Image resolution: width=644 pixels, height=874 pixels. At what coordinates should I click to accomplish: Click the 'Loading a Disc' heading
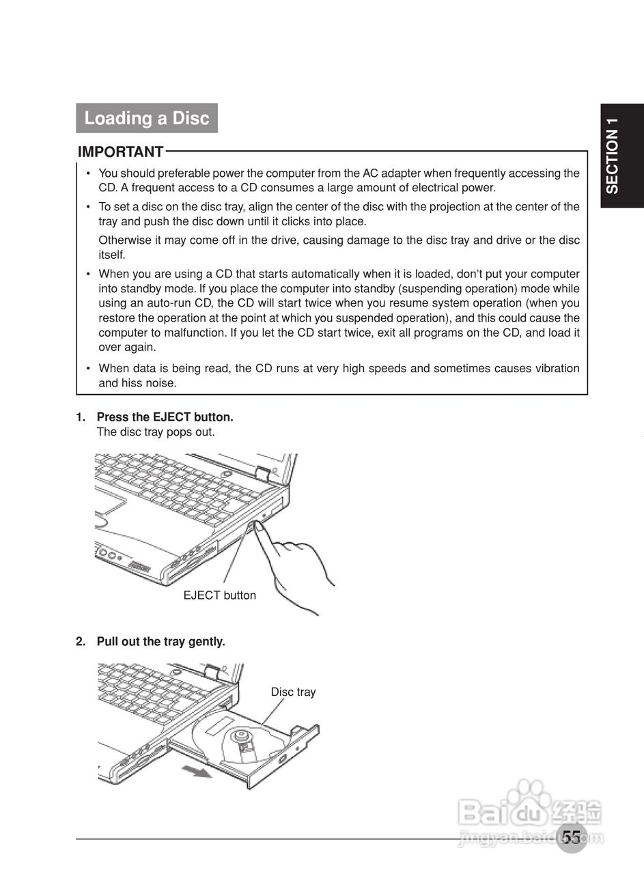point(146,118)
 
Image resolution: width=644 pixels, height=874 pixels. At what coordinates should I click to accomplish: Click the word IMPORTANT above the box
point(120,152)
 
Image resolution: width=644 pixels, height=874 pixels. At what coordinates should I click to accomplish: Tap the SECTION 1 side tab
point(612,156)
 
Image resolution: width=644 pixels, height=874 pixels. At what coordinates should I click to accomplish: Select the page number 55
point(572,836)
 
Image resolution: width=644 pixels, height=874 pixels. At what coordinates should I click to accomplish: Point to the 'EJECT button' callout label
point(219,595)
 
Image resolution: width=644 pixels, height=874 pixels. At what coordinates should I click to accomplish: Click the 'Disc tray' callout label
point(293,692)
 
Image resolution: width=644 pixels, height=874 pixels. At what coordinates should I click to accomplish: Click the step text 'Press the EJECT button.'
point(165,417)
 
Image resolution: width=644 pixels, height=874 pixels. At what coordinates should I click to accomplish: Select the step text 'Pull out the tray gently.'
point(160,642)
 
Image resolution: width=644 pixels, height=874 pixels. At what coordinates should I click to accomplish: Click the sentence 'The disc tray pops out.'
point(156,432)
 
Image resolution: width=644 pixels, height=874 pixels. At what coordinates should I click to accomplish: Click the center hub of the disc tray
point(240,736)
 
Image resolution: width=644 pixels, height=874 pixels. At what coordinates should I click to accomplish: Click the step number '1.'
point(81,417)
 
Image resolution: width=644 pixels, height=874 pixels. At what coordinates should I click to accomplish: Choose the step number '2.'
point(81,642)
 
